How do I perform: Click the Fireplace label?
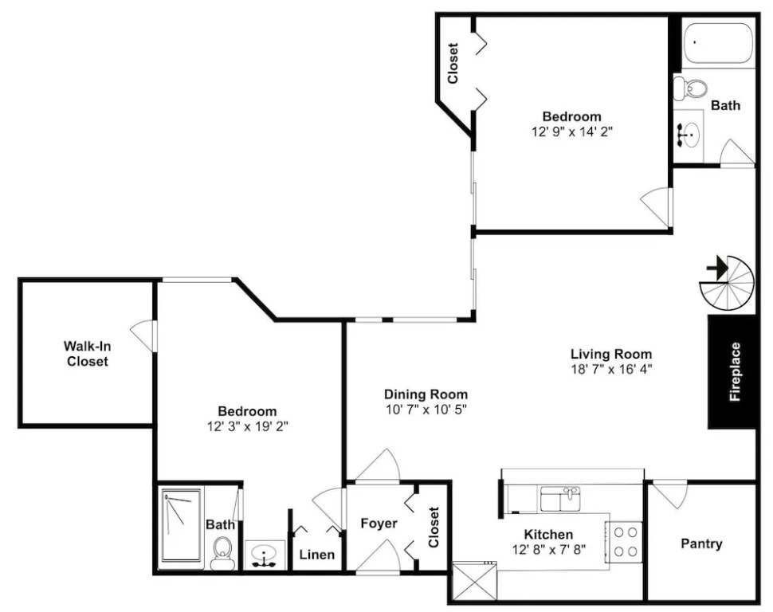(x=735, y=371)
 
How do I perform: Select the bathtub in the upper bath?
(x=719, y=43)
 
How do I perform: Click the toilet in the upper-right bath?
(x=691, y=88)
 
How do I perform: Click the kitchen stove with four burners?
(x=625, y=542)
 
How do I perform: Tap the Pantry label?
(x=701, y=543)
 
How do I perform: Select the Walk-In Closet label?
(x=88, y=354)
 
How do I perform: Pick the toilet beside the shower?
(x=222, y=553)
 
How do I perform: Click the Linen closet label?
(x=317, y=555)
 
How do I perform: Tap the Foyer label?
(x=379, y=524)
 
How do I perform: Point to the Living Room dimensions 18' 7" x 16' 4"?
(x=611, y=370)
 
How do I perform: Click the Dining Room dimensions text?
(x=426, y=410)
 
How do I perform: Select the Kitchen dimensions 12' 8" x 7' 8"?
(x=549, y=549)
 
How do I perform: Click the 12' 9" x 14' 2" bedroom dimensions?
(x=572, y=131)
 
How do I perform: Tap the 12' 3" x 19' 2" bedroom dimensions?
(x=248, y=426)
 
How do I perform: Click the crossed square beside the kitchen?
(x=474, y=582)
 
